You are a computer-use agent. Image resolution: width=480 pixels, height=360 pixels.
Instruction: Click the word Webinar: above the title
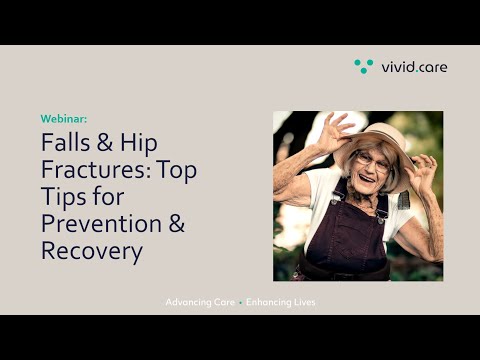(64, 118)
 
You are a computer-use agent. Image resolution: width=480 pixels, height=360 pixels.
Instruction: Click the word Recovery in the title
(91, 250)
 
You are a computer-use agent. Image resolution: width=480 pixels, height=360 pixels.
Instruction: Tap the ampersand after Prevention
(174, 223)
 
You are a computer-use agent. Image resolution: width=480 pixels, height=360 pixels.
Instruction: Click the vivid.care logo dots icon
(363, 66)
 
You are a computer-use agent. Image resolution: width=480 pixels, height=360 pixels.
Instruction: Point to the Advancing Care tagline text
(199, 302)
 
